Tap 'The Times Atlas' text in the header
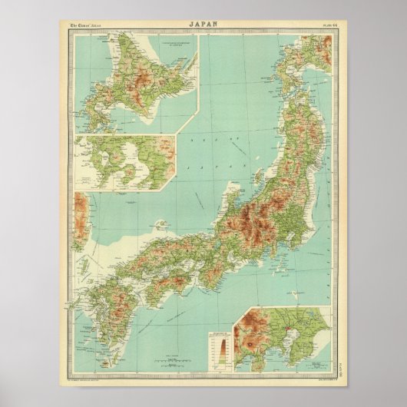[87, 25]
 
